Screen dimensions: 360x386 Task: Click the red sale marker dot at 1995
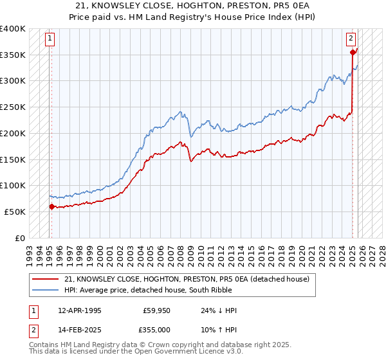[x=51, y=206]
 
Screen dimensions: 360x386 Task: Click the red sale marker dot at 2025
[x=353, y=53]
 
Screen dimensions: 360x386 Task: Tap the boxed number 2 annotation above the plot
[x=351, y=38]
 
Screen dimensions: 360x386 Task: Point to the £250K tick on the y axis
[x=13, y=107]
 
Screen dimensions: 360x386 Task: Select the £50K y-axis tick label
[x=15, y=212]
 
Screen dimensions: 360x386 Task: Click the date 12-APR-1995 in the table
[x=80, y=310]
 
